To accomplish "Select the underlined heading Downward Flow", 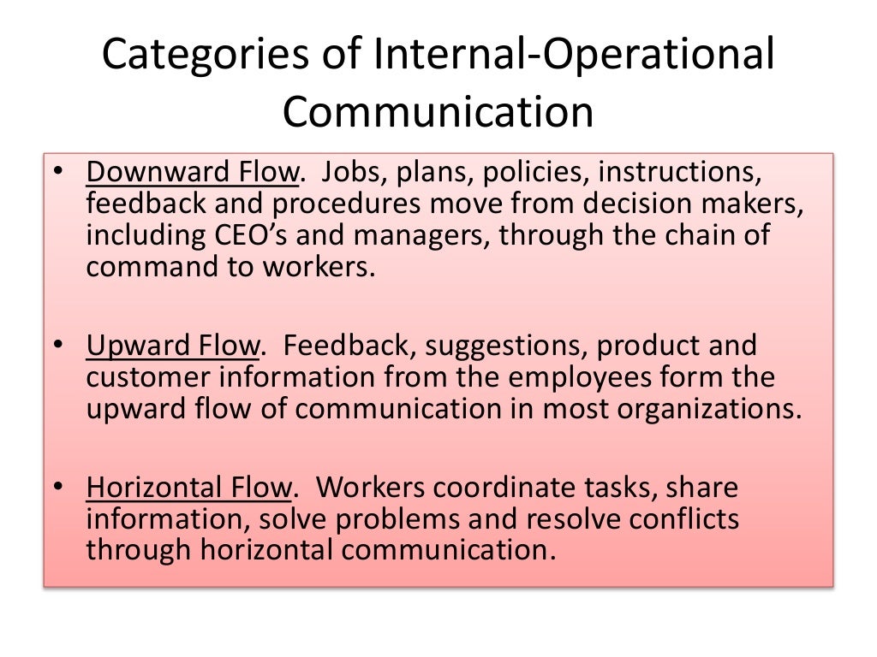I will point(192,174).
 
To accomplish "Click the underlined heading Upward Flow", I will point(172,346).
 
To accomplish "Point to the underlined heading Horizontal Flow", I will point(189,488).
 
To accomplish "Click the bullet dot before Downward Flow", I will point(57,175).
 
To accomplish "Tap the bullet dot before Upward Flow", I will point(57,347).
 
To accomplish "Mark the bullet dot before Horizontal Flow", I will point(57,489).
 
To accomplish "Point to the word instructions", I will point(679,174).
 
